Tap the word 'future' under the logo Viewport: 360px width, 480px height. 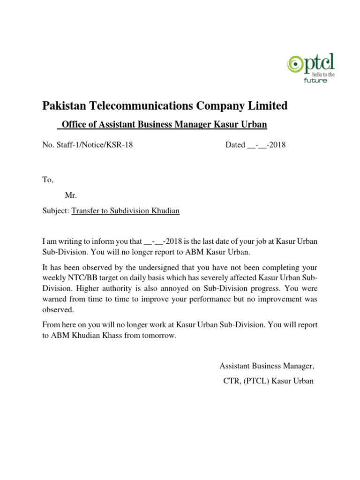[316, 80]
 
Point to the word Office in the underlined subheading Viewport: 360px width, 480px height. [75, 125]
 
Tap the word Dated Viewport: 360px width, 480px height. [235, 145]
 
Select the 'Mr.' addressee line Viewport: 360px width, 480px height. [71, 195]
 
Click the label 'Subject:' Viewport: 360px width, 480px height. [56, 211]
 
